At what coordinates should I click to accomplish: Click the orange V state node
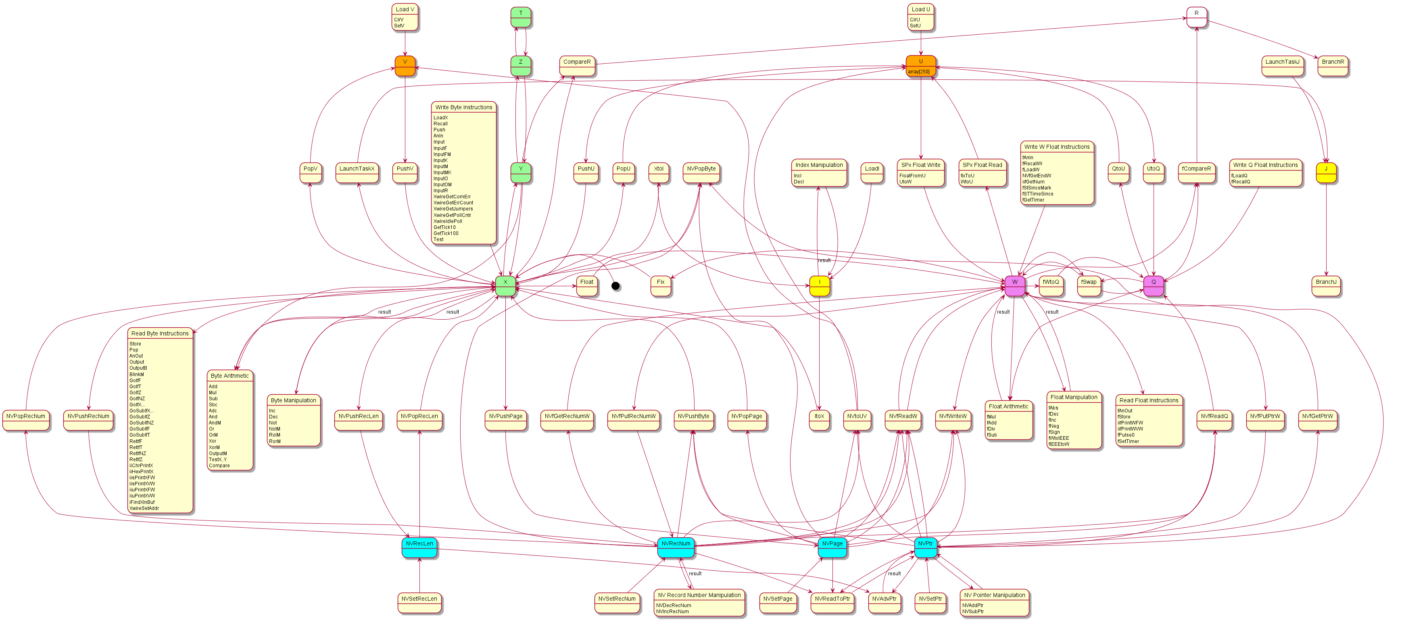click(x=405, y=65)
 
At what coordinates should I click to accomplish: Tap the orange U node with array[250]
click(x=920, y=65)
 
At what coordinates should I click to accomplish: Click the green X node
click(x=505, y=285)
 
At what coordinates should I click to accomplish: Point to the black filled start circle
click(x=615, y=286)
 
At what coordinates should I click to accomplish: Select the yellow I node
click(x=819, y=285)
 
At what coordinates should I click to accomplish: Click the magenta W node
click(x=1014, y=285)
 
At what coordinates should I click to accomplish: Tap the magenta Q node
click(x=1153, y=285)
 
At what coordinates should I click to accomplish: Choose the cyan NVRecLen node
click(x=419, y=547)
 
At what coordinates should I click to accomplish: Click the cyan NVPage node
click(x=832, y=547)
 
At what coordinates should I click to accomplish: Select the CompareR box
click(x=577, y=65)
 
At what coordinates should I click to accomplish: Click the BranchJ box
click(x=1326, y=285)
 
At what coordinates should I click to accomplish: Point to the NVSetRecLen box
click(x=419, y=602)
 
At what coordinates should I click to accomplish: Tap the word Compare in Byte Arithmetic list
click(x=219, y=466)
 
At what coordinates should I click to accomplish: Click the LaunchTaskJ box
click(x=1282, y=65)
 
